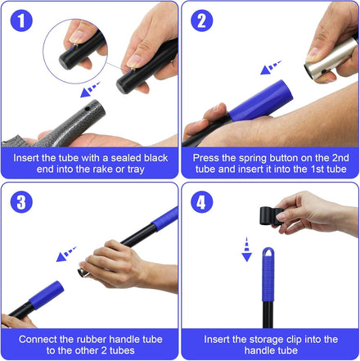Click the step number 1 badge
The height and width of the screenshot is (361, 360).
pyautogui.click(x=21, y=20)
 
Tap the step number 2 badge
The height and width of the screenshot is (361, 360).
pyautogui.click(x=202, y=20)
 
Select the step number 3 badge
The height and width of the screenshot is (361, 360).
pyautogui.click(x=21, y=202)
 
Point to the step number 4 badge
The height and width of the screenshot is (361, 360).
pyautogui.click(x=202, y=202)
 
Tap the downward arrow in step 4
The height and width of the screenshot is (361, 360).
pyautogui.click(x=246, y=250)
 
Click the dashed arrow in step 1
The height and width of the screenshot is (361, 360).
pyautogui.click(x=90, y=89)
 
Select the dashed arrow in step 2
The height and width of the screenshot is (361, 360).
pyautogui.click(x=271, y=68)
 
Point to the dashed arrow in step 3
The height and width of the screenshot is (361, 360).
pyautogui.click(x=66, y=254)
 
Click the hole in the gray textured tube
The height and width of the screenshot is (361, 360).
pyautogui.click(x=87, y=109)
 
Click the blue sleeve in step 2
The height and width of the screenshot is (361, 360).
pyautogui.click(x=261, y=101)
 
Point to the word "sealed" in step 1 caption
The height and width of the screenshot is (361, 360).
pyautogui.click(x=126, y=158)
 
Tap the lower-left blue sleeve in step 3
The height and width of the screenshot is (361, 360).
pyautogui.click(x=47, y=295)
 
